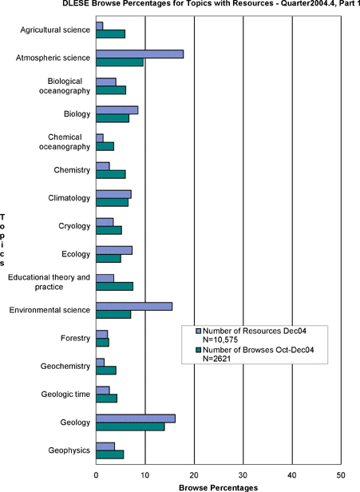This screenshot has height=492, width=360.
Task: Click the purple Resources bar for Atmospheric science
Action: [x=140, y=54]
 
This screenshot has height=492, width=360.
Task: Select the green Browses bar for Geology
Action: [x=130, y=427]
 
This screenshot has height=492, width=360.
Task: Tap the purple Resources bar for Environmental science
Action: [x=134, y=306]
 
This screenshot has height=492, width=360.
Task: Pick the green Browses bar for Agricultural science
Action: [x=111, y=34]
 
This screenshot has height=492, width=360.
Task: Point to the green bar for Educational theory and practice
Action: [x=115, y=286]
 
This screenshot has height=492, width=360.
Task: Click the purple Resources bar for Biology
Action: [x=117, y=110]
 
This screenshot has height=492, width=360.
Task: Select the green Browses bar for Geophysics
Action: [x=110, y=454]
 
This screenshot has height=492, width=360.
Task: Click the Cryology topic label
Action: [x=74, y=226]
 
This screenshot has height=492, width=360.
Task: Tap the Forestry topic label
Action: [x=75, y=339]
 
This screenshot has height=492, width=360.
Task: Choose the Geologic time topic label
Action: [x=65, y=395]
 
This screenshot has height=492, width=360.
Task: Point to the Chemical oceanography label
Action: [x=65, y=142]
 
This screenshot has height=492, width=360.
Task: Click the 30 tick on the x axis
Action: [x=243, y=475]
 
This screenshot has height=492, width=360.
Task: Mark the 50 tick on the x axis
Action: [x=341, y=475]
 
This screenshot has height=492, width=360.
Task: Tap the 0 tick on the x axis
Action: [x=97, y=475]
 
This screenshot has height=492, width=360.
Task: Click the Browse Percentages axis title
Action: [x=218, y=487]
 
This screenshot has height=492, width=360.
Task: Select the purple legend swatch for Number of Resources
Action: [x=198, y=331]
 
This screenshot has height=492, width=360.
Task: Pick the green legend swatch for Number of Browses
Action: [x=198, y=350]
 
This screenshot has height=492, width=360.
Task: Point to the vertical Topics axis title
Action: [x=2, y=240]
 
